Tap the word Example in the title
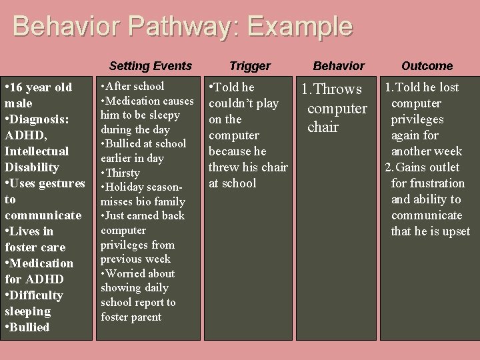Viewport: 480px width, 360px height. click(299, 27)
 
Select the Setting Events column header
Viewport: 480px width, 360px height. click(150, 66)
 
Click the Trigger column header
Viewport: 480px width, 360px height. click(250, 66)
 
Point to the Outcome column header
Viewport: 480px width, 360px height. click(427, 66)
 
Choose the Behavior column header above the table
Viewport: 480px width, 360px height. click(339, 66)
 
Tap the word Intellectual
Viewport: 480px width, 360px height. click(37, 151)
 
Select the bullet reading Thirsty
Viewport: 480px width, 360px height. click(122, 173)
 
